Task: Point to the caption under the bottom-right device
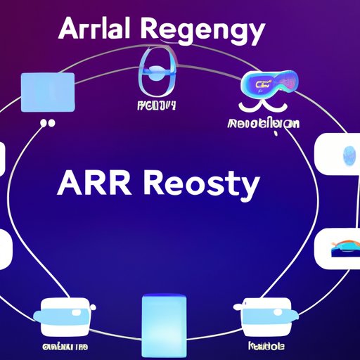[268, 346]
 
